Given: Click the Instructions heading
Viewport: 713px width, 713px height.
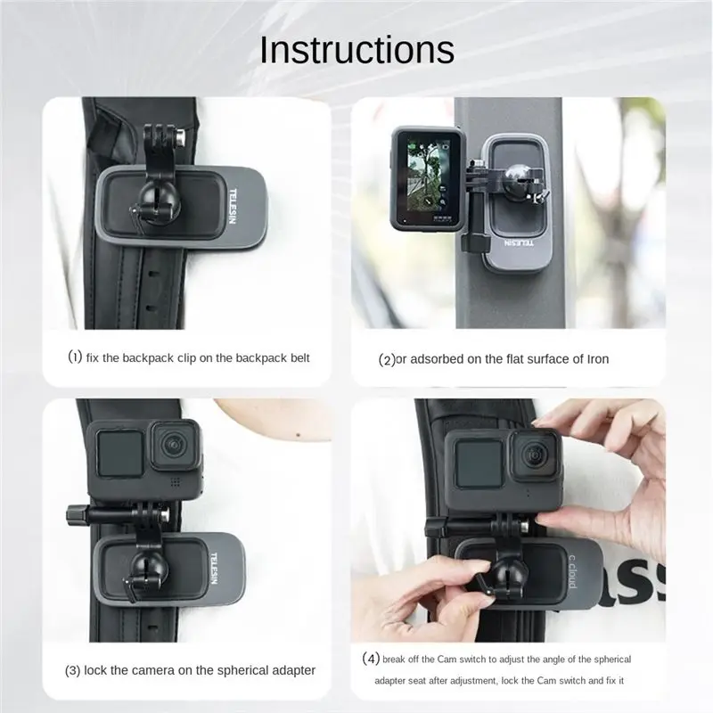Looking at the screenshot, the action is (356, 50).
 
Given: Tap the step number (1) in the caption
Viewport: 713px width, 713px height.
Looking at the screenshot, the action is (75, 357).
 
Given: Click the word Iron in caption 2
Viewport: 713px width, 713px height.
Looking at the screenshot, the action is (597, 359).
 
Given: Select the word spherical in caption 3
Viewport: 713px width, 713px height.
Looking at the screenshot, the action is (242, 671).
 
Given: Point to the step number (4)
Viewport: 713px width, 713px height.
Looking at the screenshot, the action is (371, 659).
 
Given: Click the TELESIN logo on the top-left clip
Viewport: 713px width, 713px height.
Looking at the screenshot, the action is (233, 206).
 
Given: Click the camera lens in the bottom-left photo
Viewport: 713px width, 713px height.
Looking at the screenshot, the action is (174, 444).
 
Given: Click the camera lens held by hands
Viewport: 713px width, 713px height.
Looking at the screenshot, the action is (534, 455).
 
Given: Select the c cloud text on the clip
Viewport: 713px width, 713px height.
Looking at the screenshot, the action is (573, 571).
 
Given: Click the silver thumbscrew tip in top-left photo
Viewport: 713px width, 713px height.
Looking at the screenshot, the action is (181, 138).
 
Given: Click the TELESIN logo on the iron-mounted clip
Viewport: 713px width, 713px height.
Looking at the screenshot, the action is (520, 242).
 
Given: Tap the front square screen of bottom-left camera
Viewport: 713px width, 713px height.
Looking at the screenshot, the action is (119, 453).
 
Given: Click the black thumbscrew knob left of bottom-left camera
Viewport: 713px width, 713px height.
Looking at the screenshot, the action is (75, 514).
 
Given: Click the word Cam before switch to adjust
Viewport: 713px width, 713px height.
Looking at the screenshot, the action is (447, 660).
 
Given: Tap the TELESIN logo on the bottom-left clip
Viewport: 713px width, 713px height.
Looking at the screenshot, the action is (214, 569).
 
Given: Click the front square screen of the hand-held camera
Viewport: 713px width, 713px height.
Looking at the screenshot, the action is (479, 465).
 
